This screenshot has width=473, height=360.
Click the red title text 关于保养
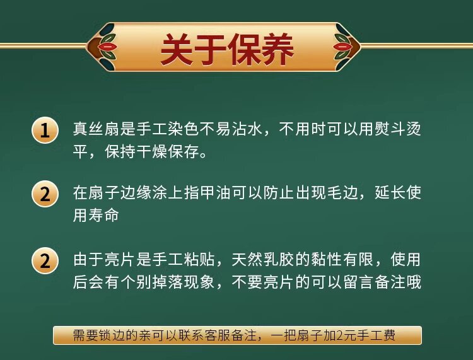(x=227, y=49)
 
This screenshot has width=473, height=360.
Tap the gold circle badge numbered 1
(x=45, y=131)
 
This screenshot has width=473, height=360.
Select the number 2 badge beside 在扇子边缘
(x=45, y=194)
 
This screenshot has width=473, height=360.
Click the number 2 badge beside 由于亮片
(x=45, y=260)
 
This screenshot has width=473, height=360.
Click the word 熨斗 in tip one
(x=390, y=129)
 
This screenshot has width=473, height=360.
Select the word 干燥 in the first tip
(x=152, y=151)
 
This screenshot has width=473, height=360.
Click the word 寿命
(x=104, y=215)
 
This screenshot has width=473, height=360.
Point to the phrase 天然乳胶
(x=263, y=260)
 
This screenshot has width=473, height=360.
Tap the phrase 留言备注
(x=374, y=282)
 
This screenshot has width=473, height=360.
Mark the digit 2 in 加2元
(x=341, y=335)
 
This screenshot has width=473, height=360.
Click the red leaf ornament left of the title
(x=107, y=47)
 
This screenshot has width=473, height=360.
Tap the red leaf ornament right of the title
(x=341, y=47)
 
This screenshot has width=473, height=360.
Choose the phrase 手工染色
(x=168, y=129)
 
